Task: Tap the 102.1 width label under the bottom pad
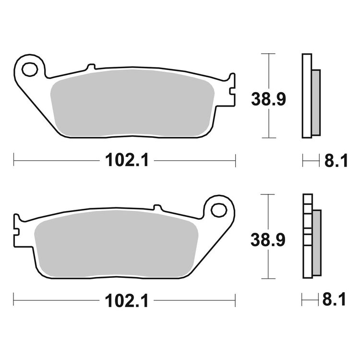124,301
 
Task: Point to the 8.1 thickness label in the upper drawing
336,161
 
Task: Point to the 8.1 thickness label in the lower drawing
336,301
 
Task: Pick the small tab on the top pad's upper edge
91,67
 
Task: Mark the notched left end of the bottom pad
17,226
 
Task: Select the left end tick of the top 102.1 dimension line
14,160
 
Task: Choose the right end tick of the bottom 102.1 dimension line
235,300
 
